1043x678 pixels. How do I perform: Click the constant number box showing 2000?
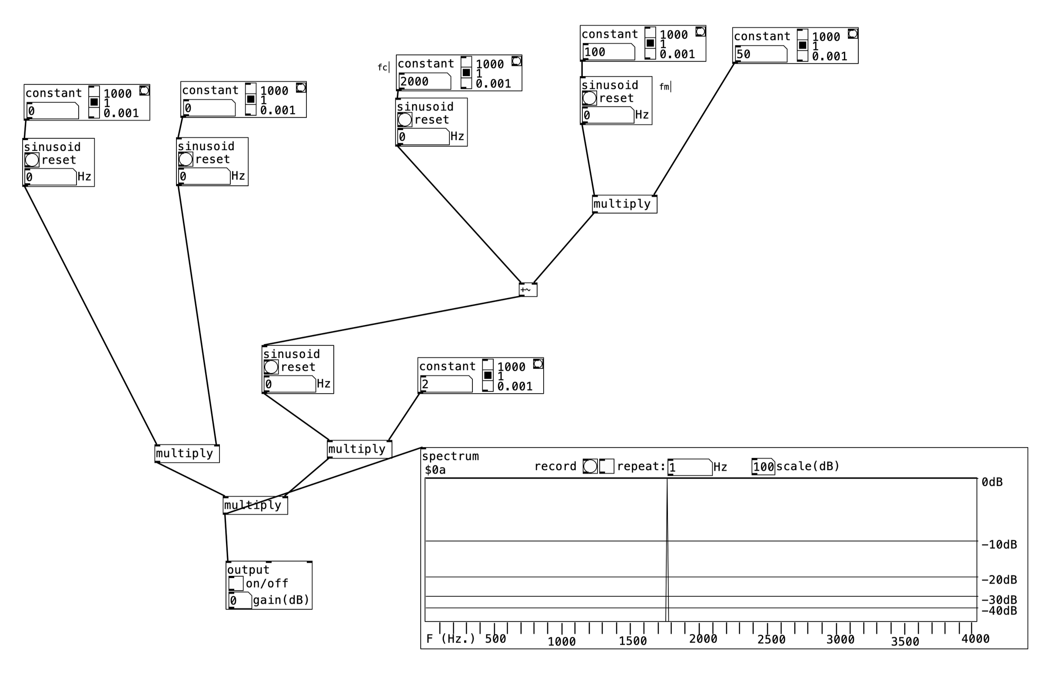[x=424, y=82]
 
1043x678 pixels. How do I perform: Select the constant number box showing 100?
[x=608, y=52]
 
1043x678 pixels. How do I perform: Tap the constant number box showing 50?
[x=761, y=54]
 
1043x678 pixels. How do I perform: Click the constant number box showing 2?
[x=446, y=384]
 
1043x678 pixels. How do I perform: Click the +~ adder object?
[x=528, y=290]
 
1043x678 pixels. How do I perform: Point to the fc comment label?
[x=382, y=67]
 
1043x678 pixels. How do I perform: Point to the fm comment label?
[x=664, y=87]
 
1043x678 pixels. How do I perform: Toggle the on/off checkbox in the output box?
[x=236, y=583]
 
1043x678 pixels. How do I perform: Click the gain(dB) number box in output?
[x=240, y=601]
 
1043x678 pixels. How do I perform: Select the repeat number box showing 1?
[x=689, y=467]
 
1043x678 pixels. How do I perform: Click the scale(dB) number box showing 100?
[x=763, y=467]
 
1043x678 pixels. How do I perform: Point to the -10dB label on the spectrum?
[x=999, y=544]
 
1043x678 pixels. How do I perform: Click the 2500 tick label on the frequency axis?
[x=771, y=639]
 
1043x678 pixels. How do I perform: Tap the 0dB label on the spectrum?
[x=992, y=482]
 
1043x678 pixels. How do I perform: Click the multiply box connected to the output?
[x=255, y=505]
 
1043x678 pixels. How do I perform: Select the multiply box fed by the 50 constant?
[x=624, y=204]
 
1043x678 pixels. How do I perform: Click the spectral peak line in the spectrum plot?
[x=667, y=548]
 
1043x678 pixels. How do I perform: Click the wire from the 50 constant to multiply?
[x=694, y=129]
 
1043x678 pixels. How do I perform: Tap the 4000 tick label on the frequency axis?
[x=975, y=639]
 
